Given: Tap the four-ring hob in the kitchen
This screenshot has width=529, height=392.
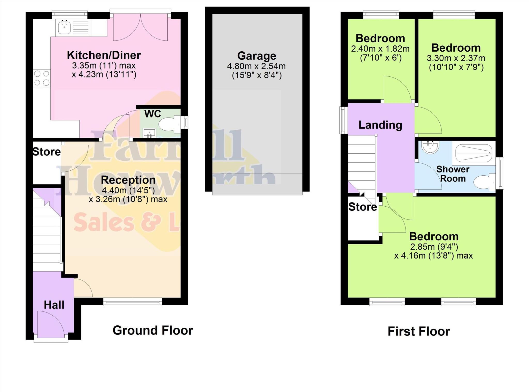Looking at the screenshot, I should coord(42,78).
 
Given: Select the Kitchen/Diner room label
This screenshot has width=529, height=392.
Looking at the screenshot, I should coord(104,55).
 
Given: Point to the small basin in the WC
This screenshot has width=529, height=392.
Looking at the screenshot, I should coord(149,133).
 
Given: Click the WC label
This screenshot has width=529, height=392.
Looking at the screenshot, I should coord(153,114).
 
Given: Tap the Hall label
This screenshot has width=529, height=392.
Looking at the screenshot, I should coord(54,305).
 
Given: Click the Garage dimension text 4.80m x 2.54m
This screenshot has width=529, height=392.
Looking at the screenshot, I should coord(256,66).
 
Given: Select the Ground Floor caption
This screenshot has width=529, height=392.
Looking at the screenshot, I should coord(153,331).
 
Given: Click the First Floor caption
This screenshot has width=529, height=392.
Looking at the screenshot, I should coord(419,332).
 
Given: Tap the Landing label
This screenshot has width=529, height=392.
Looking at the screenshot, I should coord(380,125).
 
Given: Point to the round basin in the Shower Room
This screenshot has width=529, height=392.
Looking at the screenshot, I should coord(430,147).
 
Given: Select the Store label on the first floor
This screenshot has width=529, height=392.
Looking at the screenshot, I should coord(362,207).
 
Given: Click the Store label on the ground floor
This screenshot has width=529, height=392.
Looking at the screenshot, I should coord(46,152).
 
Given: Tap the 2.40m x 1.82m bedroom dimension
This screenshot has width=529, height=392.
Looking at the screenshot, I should coord(380,49).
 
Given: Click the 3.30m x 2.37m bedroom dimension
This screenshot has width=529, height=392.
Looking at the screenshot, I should coord(456,58).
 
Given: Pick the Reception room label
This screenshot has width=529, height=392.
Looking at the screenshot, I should coord(128,180).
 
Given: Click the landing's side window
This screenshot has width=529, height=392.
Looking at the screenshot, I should coord(343,120).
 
